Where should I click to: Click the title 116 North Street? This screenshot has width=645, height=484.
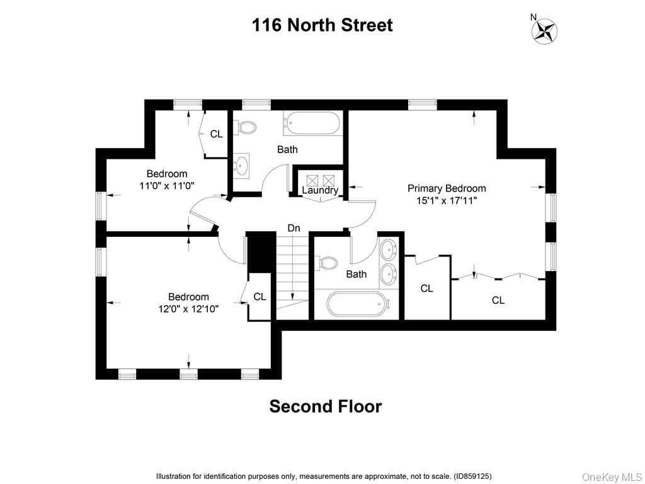322,25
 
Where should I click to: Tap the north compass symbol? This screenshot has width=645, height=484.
545,30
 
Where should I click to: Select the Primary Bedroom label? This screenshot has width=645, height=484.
447,188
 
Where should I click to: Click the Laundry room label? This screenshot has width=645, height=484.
320,190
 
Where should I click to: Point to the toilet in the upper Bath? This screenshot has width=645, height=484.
246,128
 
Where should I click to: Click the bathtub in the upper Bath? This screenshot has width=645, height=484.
312,123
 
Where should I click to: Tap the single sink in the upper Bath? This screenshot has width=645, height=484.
243,165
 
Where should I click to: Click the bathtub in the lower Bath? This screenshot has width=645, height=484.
357,304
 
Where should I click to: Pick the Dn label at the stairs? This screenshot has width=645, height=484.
294,228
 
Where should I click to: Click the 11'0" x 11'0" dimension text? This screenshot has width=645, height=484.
167,185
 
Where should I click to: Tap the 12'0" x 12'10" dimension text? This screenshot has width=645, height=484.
188,309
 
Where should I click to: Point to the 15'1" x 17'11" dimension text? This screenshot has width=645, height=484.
447,200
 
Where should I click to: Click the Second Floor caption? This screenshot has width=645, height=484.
325,406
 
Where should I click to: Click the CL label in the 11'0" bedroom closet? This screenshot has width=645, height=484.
216,134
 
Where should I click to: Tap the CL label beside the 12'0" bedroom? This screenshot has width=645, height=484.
260,296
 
